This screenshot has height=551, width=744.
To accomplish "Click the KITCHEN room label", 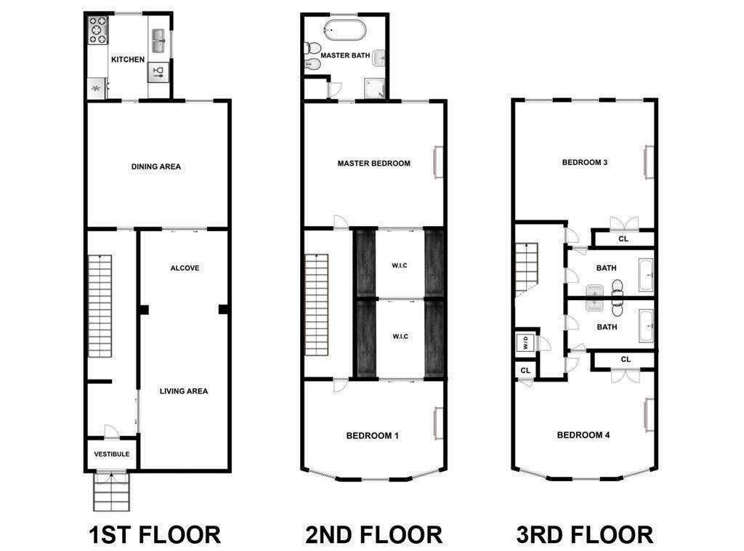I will tap(127, 60).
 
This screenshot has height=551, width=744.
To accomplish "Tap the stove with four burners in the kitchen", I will tap(97, 31).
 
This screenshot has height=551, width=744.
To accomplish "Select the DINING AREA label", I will tap(156, 166).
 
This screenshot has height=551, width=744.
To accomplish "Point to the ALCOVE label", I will tap(185, 268).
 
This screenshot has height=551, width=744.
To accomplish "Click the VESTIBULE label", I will tap(112, 454).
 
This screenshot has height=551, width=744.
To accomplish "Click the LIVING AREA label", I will tap(184, 391).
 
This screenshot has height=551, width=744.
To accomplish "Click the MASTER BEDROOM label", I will tap(373, 164).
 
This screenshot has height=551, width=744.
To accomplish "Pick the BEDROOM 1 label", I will tap(372, 436).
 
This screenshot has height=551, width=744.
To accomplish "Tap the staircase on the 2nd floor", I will tap(317, 305).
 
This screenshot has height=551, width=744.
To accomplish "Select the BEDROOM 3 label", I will tap(585, 162).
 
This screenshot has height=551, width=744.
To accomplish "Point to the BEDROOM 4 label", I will tap(583, 435).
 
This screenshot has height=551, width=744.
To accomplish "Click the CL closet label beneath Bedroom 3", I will tap(623, 238).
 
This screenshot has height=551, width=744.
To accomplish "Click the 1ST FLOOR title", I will tap(154, 535).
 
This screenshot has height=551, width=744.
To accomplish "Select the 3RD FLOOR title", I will tap(584, 535).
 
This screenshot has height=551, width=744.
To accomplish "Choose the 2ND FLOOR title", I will tap(373, 535).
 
